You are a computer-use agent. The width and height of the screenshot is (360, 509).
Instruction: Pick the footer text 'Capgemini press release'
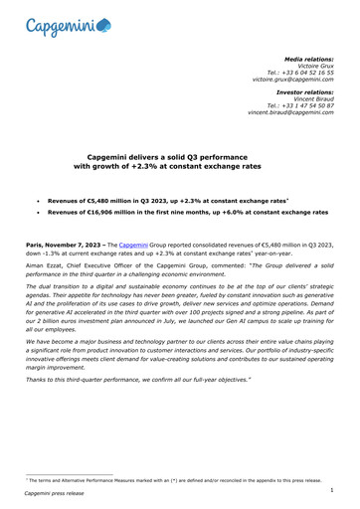tap(58, 493)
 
